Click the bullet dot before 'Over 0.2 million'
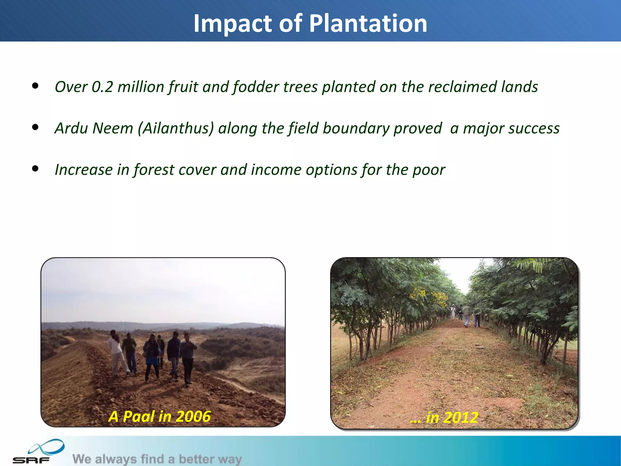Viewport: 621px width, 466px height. (x=35, y=86)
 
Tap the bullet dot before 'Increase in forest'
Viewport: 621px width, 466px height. (x=35, y=168)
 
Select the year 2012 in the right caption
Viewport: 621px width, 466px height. (x=461, y=417)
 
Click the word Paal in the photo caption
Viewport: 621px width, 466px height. (x=139, y=416)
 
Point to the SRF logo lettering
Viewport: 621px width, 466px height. (x=31, y=460)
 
